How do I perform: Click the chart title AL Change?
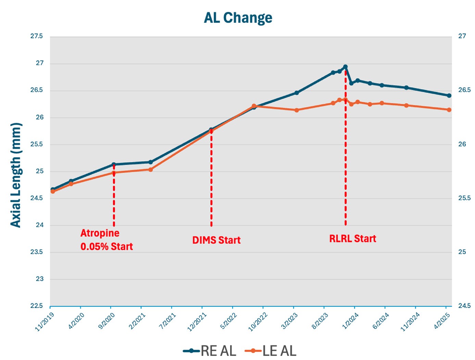pos(238,18)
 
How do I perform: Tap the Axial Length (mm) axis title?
pos(16,175)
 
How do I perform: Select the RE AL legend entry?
pos(210,351)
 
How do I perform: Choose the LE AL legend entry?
pos(271,351)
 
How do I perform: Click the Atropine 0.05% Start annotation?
pos(107,240)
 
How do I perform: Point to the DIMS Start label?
pos(216,240)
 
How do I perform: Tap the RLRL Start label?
pos(352,239)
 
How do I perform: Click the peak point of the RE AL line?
pos(345,67)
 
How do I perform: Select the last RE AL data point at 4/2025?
pos(449,95)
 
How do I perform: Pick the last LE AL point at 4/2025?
pos(449,110)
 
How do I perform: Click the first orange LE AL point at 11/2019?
pos(53,191)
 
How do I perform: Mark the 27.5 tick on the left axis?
pos(37,36)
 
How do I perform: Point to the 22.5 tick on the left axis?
pos(37,306)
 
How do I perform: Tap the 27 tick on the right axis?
pos(462,36)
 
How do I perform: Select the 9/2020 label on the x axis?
pos(106,321)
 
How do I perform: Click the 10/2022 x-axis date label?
pos(258,322)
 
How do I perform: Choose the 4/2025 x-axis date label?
pos(442,321)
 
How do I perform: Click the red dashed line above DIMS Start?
pos(211,178)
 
